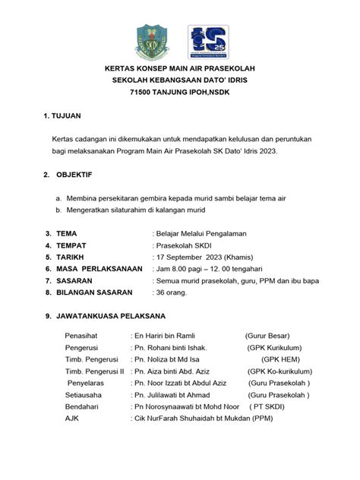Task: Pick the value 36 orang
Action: [x=171, y=292]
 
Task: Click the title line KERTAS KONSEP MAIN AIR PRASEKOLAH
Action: [x=179, y=68]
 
